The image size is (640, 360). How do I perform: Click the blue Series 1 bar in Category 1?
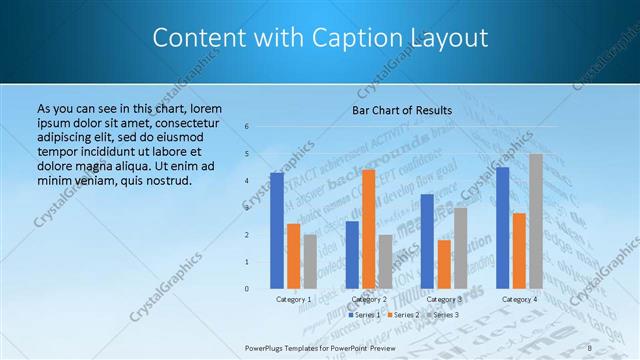coord(277,231)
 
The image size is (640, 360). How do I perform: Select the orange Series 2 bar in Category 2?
coord(368,229)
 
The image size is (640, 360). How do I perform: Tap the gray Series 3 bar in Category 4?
coord(536,221)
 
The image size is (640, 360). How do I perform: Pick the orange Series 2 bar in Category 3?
coord(444,264)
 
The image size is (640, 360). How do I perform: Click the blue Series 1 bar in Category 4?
coord(502,228)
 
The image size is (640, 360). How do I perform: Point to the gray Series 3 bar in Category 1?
coord(310,262)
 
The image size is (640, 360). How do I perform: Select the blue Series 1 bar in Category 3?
coord(427,241)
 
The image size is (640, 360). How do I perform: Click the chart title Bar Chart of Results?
coord(403,110)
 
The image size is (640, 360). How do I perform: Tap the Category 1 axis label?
coord(294,299)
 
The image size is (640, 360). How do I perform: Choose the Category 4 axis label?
coord(519,299)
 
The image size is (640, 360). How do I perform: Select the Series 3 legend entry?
coord(446,315)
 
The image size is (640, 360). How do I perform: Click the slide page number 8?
coord(590,347)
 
